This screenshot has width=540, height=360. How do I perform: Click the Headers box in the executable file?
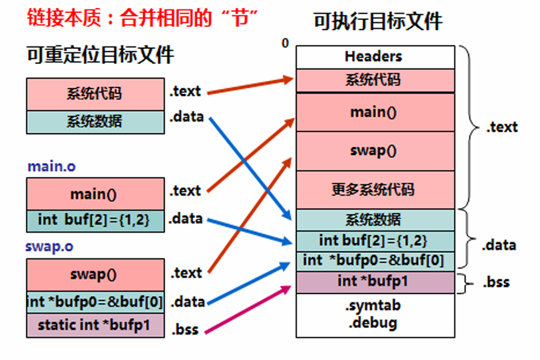(374, 56)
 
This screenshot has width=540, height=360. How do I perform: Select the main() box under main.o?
(94, 194)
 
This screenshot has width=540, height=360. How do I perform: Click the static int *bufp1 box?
(94, 325)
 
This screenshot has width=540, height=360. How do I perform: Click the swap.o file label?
(49, 246)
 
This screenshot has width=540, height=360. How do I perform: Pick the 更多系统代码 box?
(374, 189)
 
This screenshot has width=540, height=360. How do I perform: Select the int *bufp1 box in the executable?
(374, 281)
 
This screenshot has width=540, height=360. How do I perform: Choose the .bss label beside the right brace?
(495, 282)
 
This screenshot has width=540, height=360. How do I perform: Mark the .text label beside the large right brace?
(502, 127)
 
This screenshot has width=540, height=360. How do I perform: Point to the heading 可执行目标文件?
(378, 22)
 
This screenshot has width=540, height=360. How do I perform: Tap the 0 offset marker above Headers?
(285, 43)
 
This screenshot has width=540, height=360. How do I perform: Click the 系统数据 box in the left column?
(94, 122)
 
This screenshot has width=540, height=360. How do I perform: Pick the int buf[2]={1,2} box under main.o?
(94, 220)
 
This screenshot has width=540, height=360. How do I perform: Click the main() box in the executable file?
(374, 112)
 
